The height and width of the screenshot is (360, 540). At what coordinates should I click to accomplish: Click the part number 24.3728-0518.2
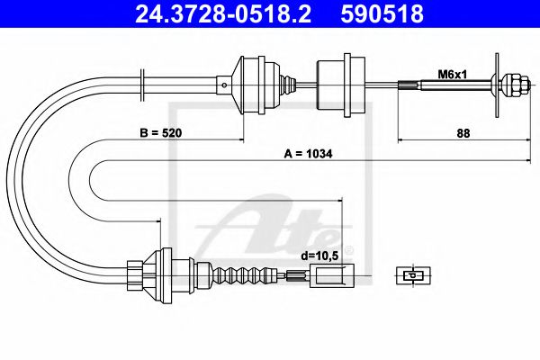[223, 13]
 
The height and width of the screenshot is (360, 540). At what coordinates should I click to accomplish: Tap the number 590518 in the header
[382, 13]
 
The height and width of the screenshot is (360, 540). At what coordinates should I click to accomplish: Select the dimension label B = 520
[160, 132]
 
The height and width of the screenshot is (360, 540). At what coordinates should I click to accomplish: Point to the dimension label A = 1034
[308, 154]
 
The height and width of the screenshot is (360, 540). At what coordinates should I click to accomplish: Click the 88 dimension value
[463, 133]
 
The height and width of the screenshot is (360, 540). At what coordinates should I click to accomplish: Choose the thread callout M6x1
[452, 74]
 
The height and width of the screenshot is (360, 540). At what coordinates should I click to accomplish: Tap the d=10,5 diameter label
[319, 256]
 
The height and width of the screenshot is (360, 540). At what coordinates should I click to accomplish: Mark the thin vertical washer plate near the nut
[497, 85]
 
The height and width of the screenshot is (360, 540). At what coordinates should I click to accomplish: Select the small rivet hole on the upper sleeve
[224, 85]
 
